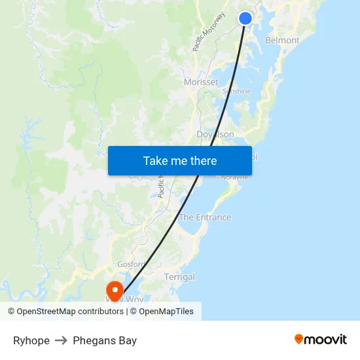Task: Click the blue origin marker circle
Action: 245,18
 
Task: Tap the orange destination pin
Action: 115,289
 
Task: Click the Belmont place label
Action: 282,41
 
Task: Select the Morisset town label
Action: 201,82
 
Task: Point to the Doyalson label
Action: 215,134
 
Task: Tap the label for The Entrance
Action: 205,217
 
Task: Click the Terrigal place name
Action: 179,277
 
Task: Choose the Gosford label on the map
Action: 131,264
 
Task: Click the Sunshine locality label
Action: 236,92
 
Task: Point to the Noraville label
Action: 234,177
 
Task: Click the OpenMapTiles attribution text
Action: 166,312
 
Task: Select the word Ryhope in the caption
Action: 31,340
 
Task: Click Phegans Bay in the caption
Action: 105,340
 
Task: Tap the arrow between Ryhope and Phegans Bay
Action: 61,340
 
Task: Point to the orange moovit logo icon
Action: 299,339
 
